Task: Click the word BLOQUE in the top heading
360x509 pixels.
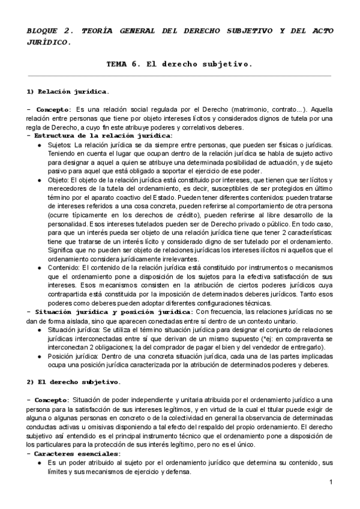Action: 43,31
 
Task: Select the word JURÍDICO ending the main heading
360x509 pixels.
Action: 49,43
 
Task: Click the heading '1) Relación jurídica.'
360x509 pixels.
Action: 67,92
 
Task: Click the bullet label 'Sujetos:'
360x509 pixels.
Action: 59,145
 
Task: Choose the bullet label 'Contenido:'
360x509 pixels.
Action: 64,268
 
